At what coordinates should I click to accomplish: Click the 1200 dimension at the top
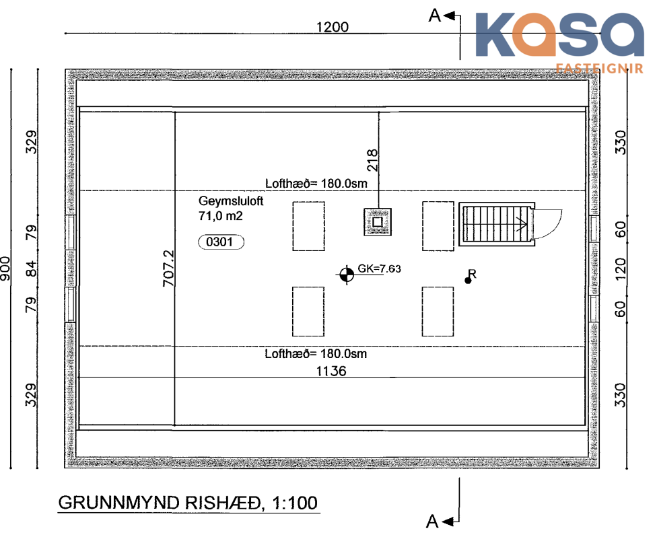(332, 27)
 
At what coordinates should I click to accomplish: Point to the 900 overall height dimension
(5, 268)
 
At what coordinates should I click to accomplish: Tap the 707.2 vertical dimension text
(168, 268)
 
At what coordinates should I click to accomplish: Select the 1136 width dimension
(331, 371)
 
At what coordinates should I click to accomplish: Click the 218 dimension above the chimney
(372, 160)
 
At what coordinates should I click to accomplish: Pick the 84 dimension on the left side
(32, 268)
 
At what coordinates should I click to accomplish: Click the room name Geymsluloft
(231, 201)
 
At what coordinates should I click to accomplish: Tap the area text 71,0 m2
(220, 216)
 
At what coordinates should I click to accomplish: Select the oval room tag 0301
(221, 242)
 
